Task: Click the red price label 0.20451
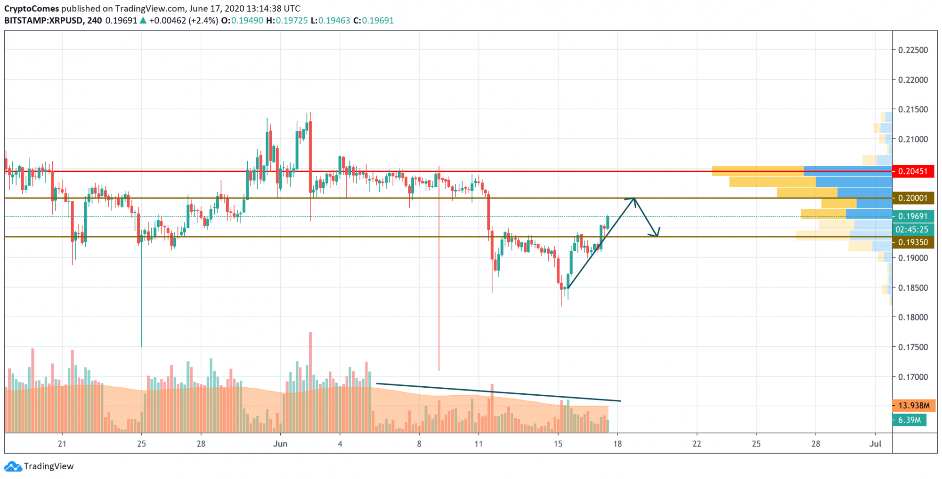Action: click(x=913, y=171)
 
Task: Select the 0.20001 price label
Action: click(x=913, y=198)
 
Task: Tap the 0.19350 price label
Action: click(x=913, y=242)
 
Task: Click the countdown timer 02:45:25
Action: click(x=912, y=230)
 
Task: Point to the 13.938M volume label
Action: click(x=913, y=406)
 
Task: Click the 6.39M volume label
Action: click(x=909, y=420)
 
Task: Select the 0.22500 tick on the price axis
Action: click(x=913, y=50)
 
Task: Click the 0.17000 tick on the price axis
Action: click(x=913, y=377)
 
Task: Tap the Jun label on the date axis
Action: click(x=280, y=444)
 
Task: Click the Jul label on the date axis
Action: click(x=875, y=444)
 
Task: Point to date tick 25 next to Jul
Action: click(x=756, y=444)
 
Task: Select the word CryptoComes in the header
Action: click(x=32, y=8)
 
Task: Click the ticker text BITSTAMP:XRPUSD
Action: click(x=44, y=21)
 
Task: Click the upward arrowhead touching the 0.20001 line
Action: click(x=634, y=200)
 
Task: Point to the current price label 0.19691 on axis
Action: click(x=913, y=216)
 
